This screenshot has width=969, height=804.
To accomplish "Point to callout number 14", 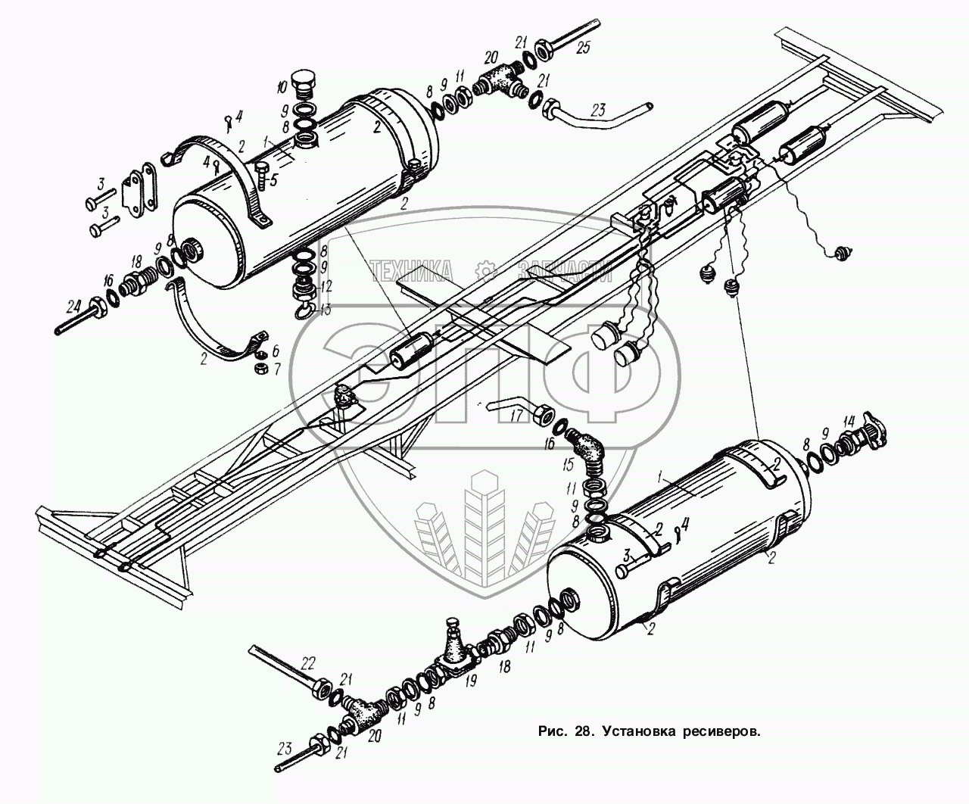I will coord(849,421).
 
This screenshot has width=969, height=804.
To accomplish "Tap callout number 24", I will coord(73,307).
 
